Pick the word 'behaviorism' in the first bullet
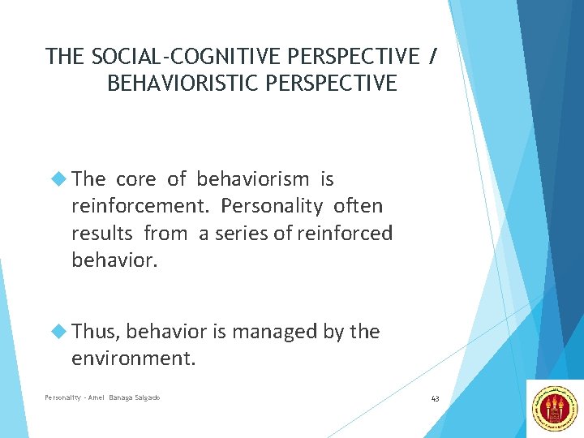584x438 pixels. pyautogui.click(x=252, y=179)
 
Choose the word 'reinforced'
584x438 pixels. pyautogui.click(x=345, y=234)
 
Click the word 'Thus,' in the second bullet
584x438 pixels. pyautogui.click(x=97, y=331)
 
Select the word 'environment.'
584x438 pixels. pyautogui.click(x=134, y=359)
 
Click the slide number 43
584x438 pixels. pyautogui.click(x=435, y=398)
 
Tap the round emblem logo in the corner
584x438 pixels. pyautogui.click(x=555, y=409)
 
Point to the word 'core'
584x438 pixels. pyautogui.click(x=138, y=179)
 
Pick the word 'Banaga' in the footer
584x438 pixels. pyautogui.click(x=113, y=397)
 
